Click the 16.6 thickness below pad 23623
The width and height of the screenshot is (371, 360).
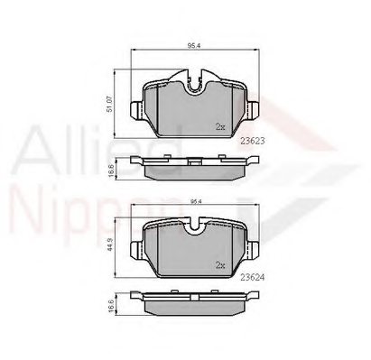coord(110,169)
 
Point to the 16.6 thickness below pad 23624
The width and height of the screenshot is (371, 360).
coord(110,307)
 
